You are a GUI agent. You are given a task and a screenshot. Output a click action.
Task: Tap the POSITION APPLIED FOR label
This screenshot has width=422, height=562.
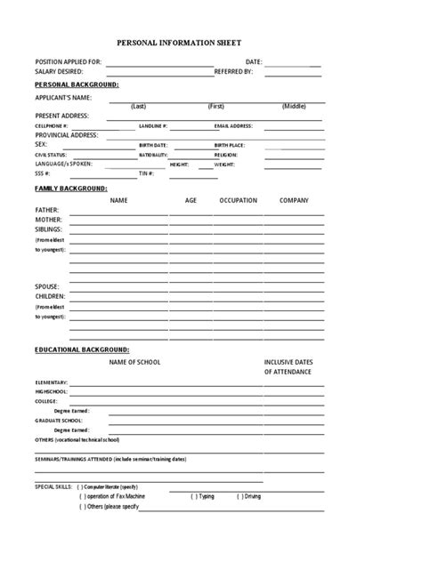pyautogui.click(x=68, y=61)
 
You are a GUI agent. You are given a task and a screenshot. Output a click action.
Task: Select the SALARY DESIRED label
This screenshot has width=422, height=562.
pyautogui.click(x=59, y=71)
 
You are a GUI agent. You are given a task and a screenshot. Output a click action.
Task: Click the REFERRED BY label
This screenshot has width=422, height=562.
pyautogui.click(x=234, y=71)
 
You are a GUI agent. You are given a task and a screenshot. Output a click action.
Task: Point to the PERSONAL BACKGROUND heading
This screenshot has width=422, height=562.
pyautogui.click(x=75, y=84)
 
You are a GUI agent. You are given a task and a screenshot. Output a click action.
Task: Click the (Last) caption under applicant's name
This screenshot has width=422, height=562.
pyautogui.click(x=138, y=106)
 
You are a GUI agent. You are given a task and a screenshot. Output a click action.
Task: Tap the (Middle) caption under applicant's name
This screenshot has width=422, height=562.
pyautogui.click(x=294, y=106)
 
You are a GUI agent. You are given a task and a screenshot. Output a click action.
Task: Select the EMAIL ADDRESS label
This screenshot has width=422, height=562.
pyautogui.click(x=233, y=126)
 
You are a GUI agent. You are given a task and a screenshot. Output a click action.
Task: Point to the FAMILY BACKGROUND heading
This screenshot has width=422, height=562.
pyautogui.click(x=70, y=189)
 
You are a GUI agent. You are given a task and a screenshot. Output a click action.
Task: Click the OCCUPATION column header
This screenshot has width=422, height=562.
pyautogui.click(x=238, y=201)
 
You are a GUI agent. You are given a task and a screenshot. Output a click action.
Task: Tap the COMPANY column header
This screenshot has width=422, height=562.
pyautogui.click(x=294, y=201)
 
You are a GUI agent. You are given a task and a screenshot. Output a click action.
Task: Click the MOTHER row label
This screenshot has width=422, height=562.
pyautogui.click(x=49, y=218)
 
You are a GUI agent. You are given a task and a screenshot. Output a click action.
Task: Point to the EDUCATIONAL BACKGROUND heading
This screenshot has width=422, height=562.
pyautogui.click(x=82, y=350)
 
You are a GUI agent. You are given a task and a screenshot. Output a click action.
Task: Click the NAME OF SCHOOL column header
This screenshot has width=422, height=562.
pyautogui.click(x=135, y=363)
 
